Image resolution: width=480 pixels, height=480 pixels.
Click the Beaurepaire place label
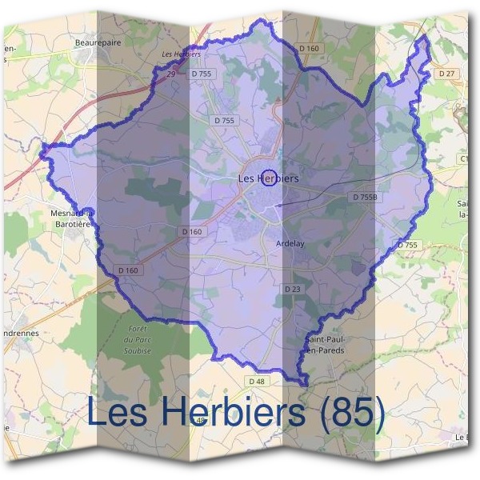click(97, 43)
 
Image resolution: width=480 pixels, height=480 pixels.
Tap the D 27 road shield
click(446, 74)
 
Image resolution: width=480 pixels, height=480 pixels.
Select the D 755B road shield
click(365, 196)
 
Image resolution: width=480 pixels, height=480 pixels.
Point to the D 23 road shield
click(292, 288)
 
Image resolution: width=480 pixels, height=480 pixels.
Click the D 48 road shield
click(256, 382)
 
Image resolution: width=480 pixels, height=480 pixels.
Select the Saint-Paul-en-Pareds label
click(324, 345)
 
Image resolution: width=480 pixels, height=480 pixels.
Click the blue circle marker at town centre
click(270, 178)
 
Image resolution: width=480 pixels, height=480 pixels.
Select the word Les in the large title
click(116, 412)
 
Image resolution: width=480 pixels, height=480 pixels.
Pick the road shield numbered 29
click(170, 74)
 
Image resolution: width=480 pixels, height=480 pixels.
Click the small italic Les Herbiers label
click(180, 54)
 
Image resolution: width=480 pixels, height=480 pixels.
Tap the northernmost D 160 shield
click(309, 49)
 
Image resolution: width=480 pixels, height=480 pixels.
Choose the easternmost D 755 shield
click(407, 245)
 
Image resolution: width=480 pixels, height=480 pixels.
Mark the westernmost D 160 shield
click(128, 270)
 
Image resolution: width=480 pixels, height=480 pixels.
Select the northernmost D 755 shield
click(202, 74)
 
